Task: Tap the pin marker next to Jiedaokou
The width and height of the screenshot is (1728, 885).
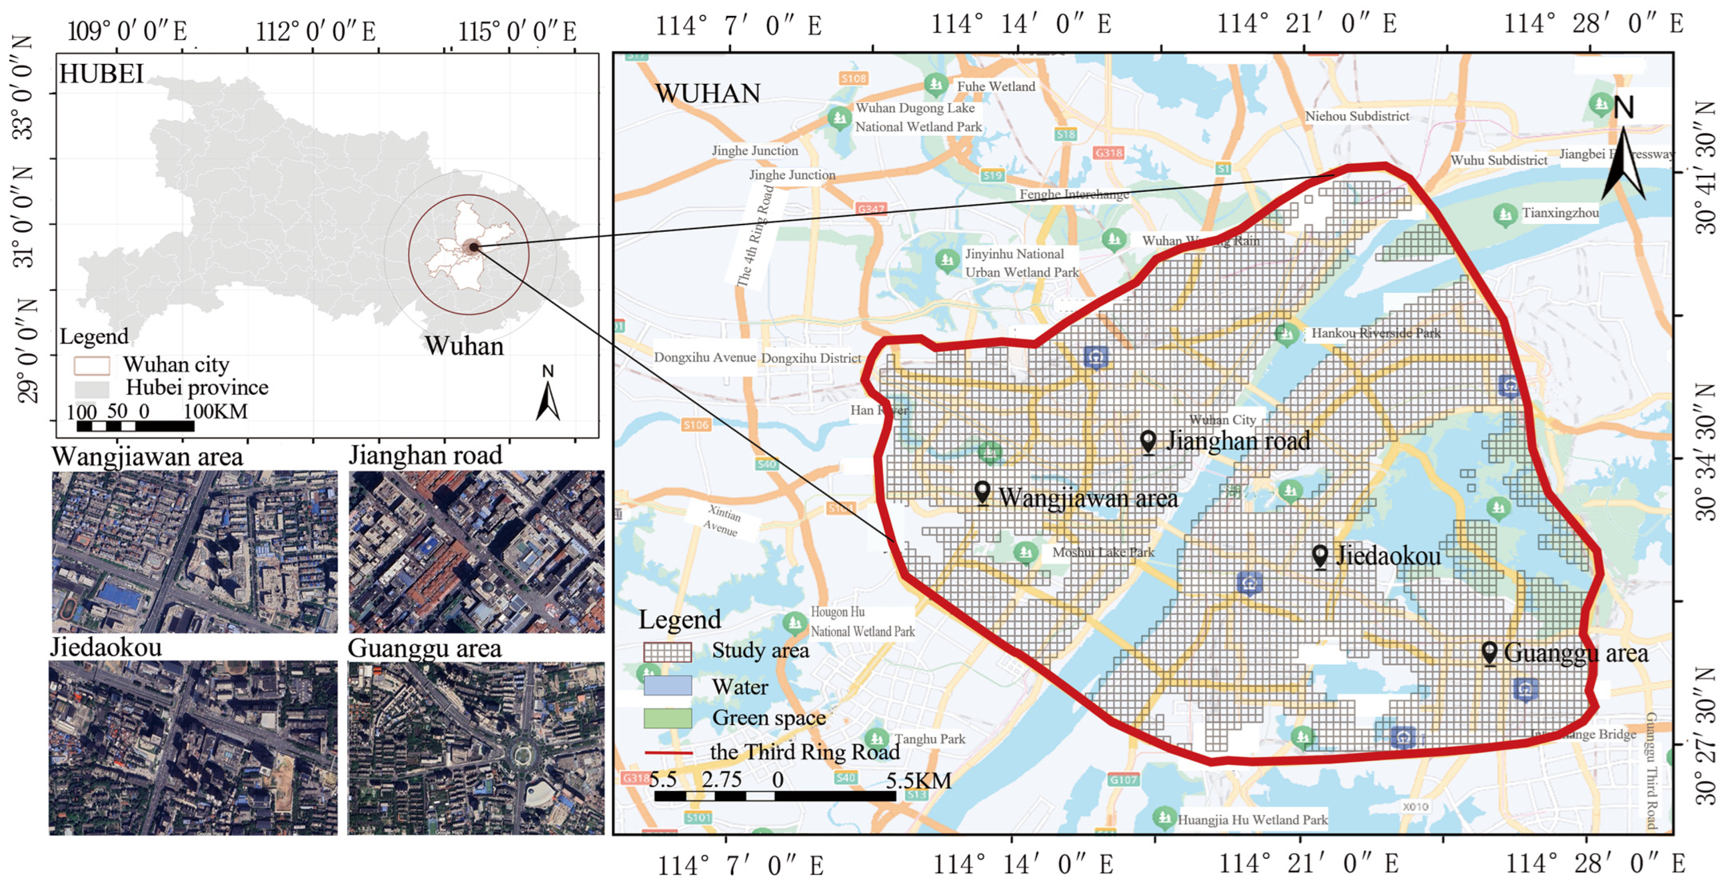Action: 1319,556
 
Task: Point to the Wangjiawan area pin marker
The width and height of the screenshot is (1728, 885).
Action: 982,493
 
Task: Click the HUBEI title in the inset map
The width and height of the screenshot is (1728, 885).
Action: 101,74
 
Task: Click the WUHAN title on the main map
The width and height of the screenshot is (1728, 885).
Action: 708,94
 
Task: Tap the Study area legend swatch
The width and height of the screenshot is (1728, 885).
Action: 667,652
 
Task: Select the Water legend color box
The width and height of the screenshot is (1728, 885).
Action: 667,685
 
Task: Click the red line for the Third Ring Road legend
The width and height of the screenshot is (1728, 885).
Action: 668,752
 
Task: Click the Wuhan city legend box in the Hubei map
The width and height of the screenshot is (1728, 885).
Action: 92,366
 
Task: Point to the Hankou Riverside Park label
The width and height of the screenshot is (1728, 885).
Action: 1375,333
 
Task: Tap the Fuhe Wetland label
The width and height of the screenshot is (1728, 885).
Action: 996,86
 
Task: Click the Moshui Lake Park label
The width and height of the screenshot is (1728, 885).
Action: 1103,552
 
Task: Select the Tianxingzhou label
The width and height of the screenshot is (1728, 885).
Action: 1560,213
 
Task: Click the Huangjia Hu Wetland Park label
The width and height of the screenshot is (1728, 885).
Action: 1252,819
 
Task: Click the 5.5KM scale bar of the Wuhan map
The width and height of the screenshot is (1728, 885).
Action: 775,796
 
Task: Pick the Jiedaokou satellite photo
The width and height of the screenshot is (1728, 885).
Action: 193,748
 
